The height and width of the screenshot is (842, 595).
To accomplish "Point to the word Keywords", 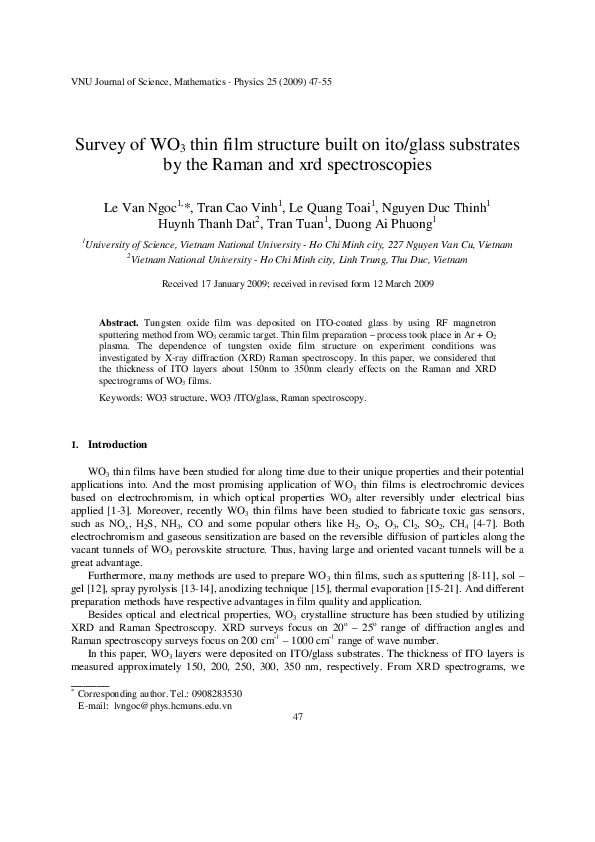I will point(123,398).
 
